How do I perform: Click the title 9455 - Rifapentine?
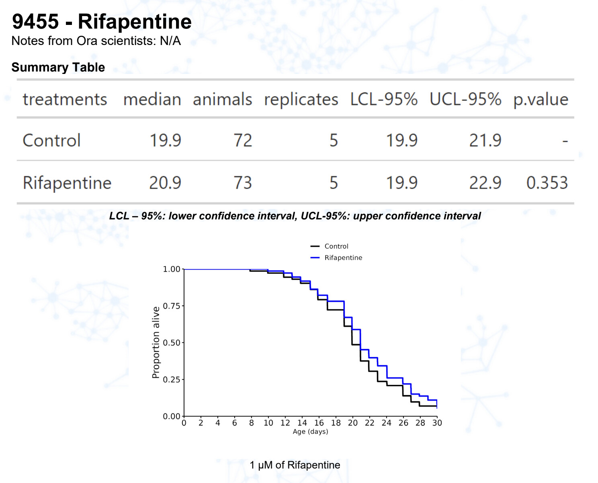click(102, 22)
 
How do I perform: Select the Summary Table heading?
click(58, 67)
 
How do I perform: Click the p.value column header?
click(541, 99)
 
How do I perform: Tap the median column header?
click(152, 99)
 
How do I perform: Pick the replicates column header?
click(301, 99)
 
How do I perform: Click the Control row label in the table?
click(52, 141)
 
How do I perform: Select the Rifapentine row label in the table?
click(67, 183)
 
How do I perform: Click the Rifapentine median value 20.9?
click(165, 183)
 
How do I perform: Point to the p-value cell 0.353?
click(547, 183)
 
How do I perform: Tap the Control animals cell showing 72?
click(243, 141)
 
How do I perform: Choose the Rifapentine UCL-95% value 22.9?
click(485, 183)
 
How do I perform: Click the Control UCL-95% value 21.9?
click(485, 141)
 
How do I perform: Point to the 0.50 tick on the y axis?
click(172, 343)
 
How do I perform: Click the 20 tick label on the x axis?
click(353, 423)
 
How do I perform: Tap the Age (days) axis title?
click(310, 432)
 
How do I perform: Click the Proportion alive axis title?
click(156, 342)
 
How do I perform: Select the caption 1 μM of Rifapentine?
click(295, 465)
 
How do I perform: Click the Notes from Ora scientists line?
click(96, 41)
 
